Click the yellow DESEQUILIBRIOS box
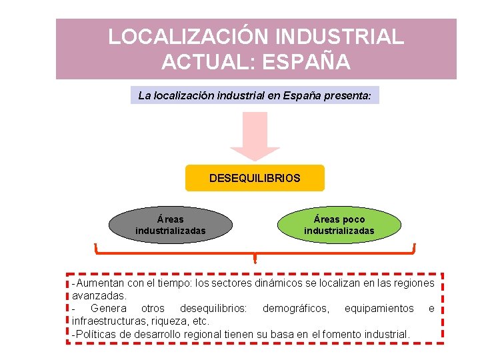coord(255,179)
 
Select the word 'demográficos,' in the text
coord(295,309)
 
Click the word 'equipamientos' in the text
coord(379,309)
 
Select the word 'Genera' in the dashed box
coord(108,309)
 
